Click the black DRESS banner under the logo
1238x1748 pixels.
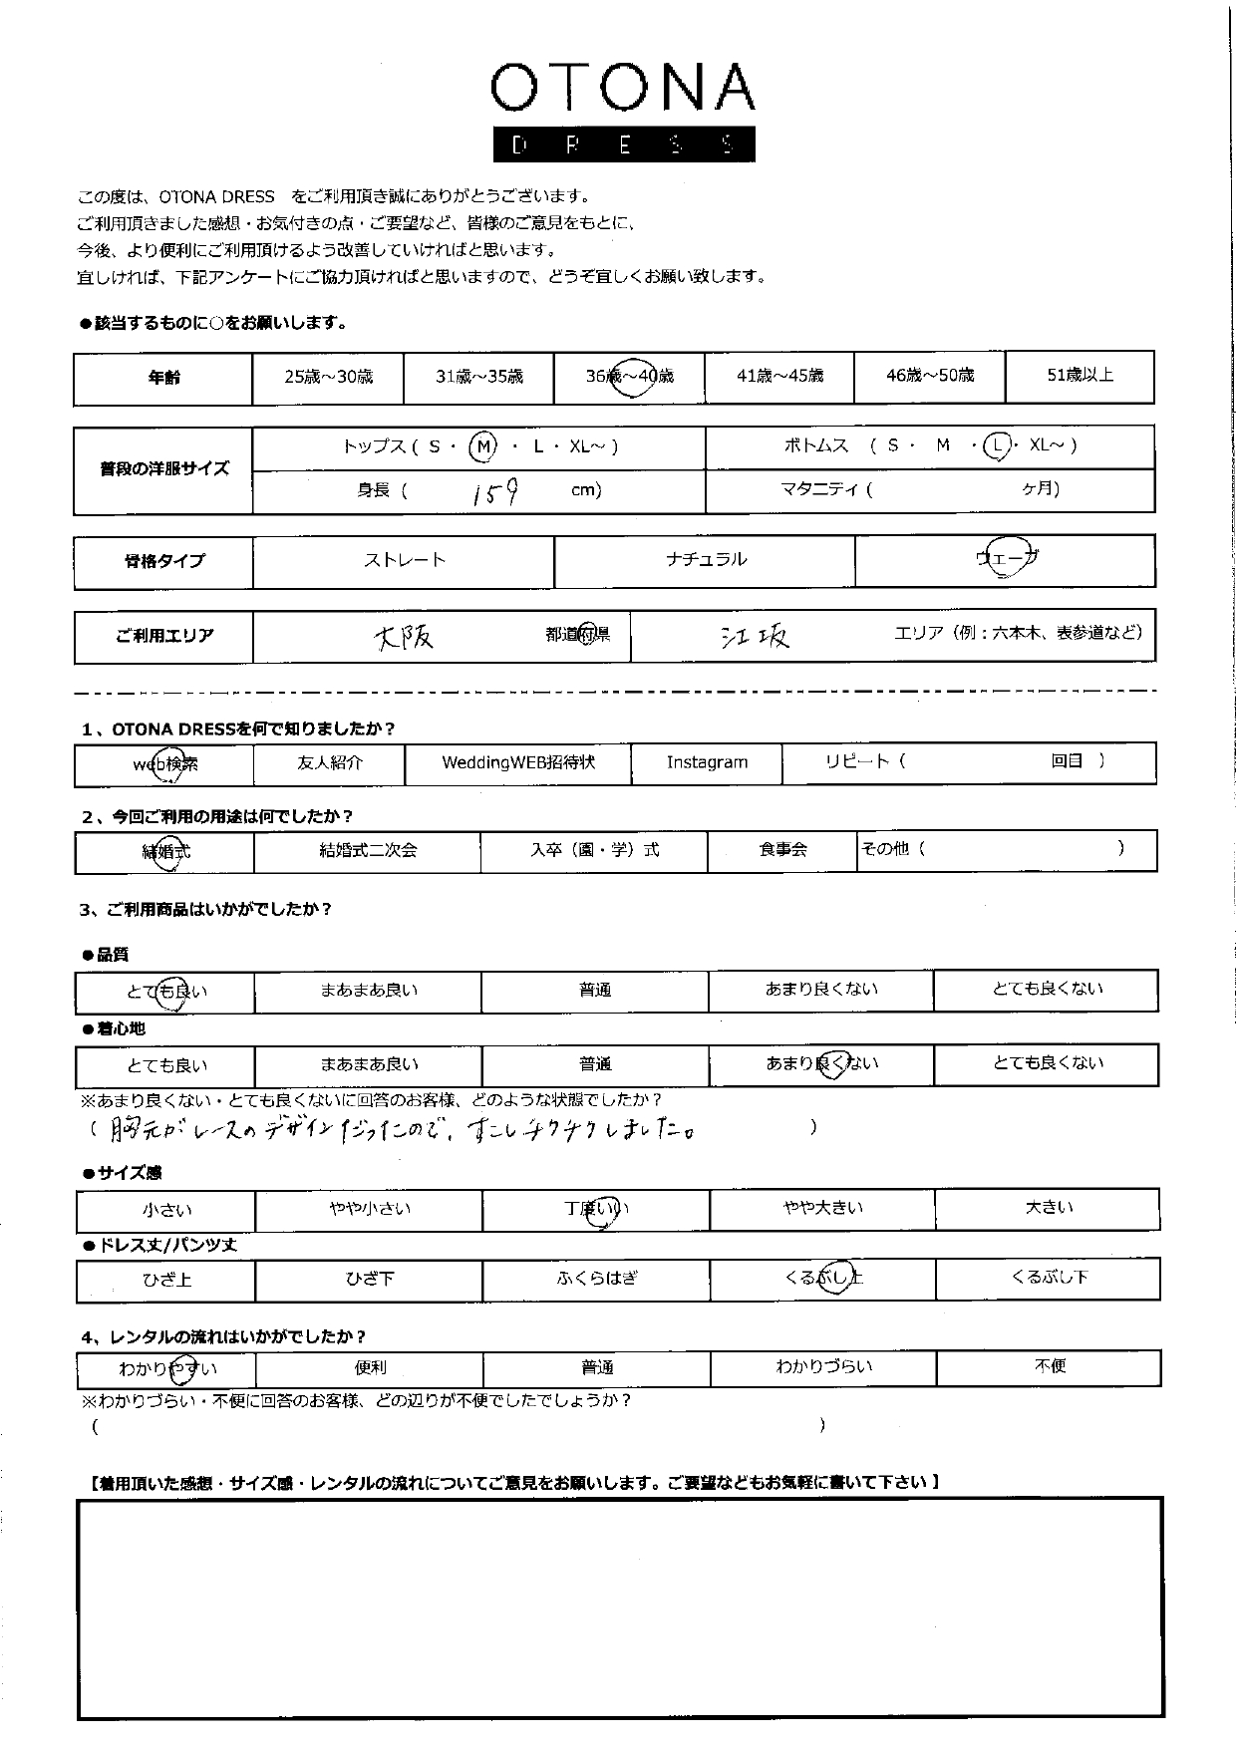(x=623, y=145)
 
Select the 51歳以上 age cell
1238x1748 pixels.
(x=1080, y=376)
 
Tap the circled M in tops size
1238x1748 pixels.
(x=483, y=446)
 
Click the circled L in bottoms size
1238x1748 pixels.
(x=996, y=446)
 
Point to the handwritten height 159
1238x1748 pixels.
(x=495, y=491)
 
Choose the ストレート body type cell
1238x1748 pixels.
(x=404, y=560)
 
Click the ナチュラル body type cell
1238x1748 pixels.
(x=705, y=560)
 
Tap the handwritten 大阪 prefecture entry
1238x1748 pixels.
(x=404, y=637)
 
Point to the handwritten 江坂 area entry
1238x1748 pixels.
(x=755, y=637)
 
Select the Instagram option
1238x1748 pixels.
(x=707, y=763)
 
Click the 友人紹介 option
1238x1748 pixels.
(x=330, y=763)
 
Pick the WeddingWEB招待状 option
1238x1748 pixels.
(x=518, y=763)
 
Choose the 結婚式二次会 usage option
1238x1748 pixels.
(x=367, y=851)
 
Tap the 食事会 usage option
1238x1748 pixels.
(x=782, y=851)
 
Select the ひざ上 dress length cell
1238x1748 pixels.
(x=166, y=1280)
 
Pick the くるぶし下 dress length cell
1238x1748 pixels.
(x=1049, y=1278)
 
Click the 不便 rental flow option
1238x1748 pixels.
(x=1050, y=1366)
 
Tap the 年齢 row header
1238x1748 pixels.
(x=163, y=378)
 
